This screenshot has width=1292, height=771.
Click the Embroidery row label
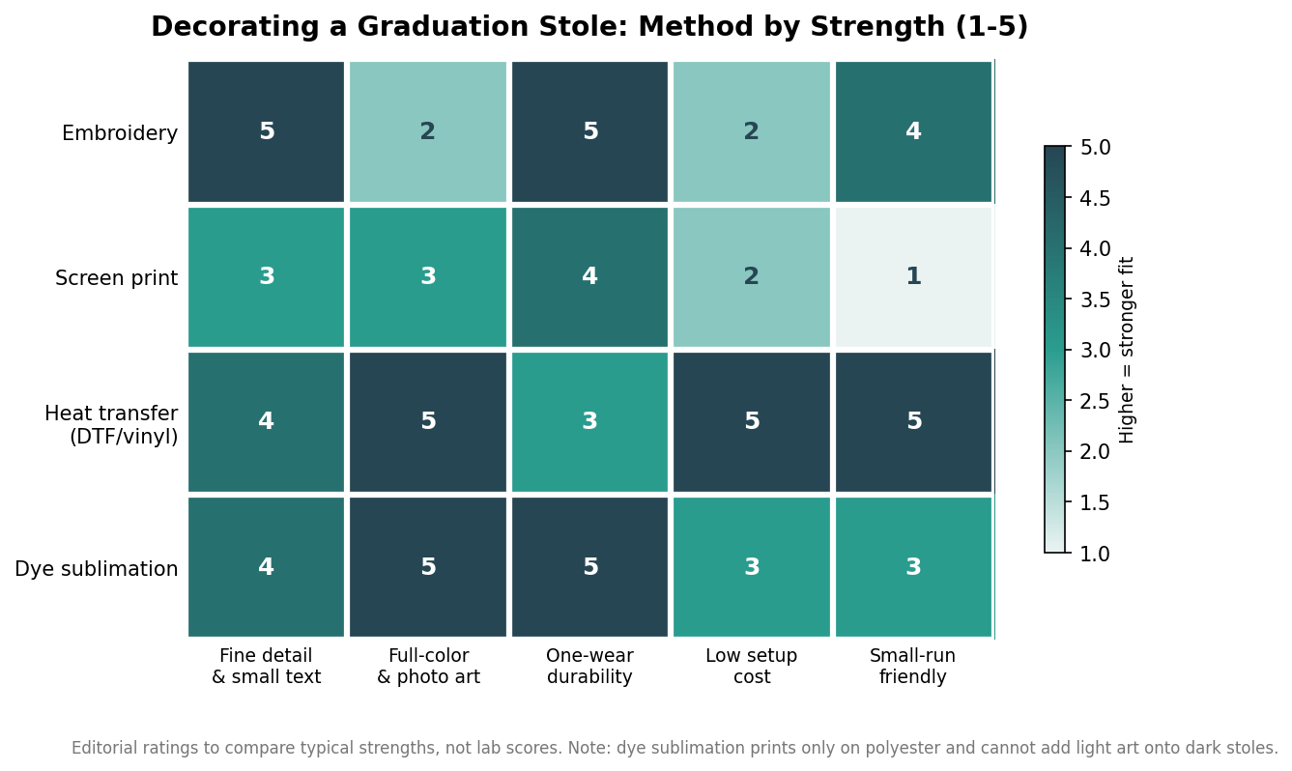(x=120, y=133)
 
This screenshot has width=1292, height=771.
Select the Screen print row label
(x=116, y=278)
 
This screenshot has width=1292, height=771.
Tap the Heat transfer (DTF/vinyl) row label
(x=111, y=424)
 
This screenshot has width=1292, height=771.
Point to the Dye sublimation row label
(x=97, y=569)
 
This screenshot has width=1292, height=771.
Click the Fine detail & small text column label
(x=266, y=666)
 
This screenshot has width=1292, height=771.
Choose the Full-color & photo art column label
(x=428, y=666)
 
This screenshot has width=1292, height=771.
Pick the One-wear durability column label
(x=589, y=666)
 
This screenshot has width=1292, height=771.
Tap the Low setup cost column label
(x=752, y=666)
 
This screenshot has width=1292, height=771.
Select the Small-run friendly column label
(x=912, y=666)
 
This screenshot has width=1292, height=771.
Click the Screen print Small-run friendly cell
(x=913, y=277)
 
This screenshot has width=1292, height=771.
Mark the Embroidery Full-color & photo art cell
(x=428, y=132)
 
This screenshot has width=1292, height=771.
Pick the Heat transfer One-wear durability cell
(x=589, y=422)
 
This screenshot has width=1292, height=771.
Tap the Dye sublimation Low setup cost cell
(x=752, y=567)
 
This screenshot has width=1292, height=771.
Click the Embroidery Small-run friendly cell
(x=913, y=132)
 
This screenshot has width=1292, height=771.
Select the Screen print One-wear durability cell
(x=589, y=277)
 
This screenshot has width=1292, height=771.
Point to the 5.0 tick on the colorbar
(x=1095, y=147)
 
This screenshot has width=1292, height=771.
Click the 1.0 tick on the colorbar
(x=1095, y=554)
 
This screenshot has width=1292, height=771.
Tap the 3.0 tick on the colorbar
(x=1095, y=350)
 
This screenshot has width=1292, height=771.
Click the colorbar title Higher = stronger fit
(x=1127, y=350)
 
